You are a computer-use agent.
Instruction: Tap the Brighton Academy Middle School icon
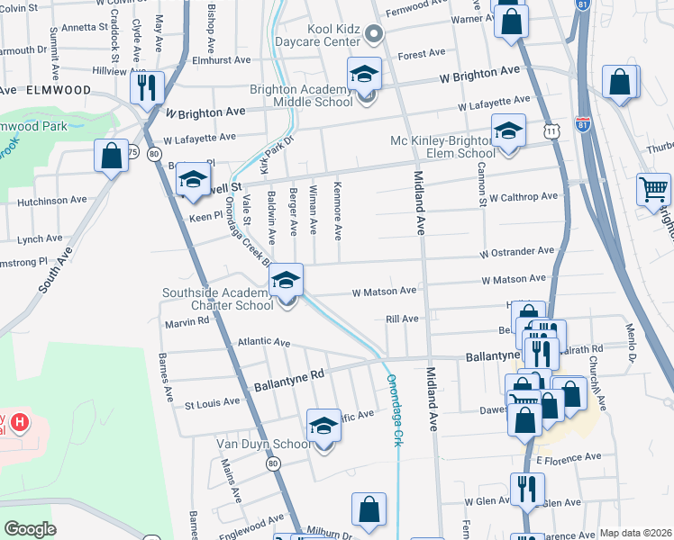[365, 74]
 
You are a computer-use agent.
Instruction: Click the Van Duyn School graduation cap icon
[323, 427]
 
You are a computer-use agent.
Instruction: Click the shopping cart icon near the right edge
[653, 190]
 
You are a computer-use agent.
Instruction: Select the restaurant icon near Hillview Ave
[146, 87]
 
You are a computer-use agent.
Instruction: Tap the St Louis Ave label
[213, 401]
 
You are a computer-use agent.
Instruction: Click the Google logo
[30, 529]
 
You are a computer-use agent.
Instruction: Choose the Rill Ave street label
[402, 319]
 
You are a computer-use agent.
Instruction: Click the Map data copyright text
[635, 533]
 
